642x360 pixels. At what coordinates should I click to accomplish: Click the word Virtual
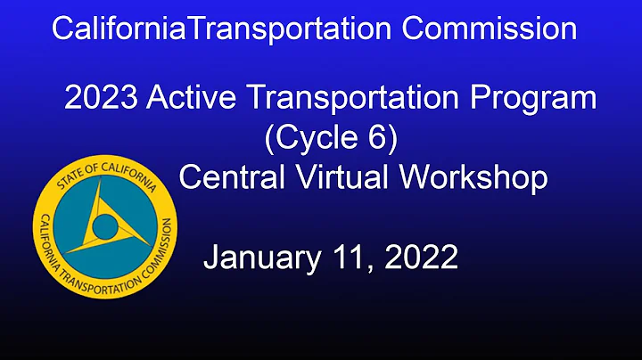[x=343, y=177]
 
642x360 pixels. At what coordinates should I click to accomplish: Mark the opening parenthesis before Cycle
[x=272, y=139]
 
